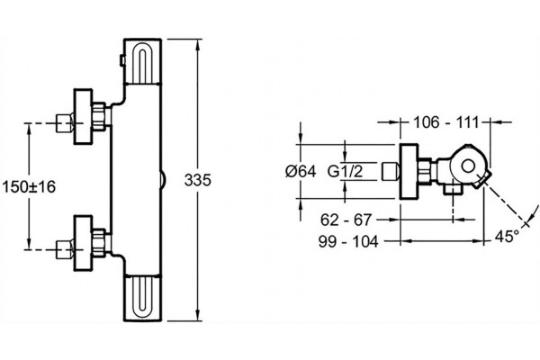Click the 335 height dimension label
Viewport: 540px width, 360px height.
click(197, 180)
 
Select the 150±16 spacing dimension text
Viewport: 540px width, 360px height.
click(29, 187)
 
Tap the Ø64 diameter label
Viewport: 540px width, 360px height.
click(301, 171)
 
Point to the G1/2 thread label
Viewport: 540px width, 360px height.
click(345, 171)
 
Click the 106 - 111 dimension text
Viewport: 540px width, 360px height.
click(446, 122)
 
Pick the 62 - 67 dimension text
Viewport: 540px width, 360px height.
click(346, 220)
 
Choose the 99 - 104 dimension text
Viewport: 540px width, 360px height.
click(348, 241)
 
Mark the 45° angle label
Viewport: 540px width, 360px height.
click(507, 237)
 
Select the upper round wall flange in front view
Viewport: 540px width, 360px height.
click(84, 116)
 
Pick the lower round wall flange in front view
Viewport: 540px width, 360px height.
click(84, 243)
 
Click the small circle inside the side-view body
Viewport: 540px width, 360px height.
click(468, 166)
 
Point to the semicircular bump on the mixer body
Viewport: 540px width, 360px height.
click(163, 180)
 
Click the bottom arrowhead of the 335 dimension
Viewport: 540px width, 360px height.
click(198, 315)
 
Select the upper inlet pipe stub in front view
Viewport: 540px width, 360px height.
click(65, 123)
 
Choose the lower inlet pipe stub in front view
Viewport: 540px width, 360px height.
click(65, 249)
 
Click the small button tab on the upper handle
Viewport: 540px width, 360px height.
click(121, 60)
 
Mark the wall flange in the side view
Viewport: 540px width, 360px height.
click(409, 171)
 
